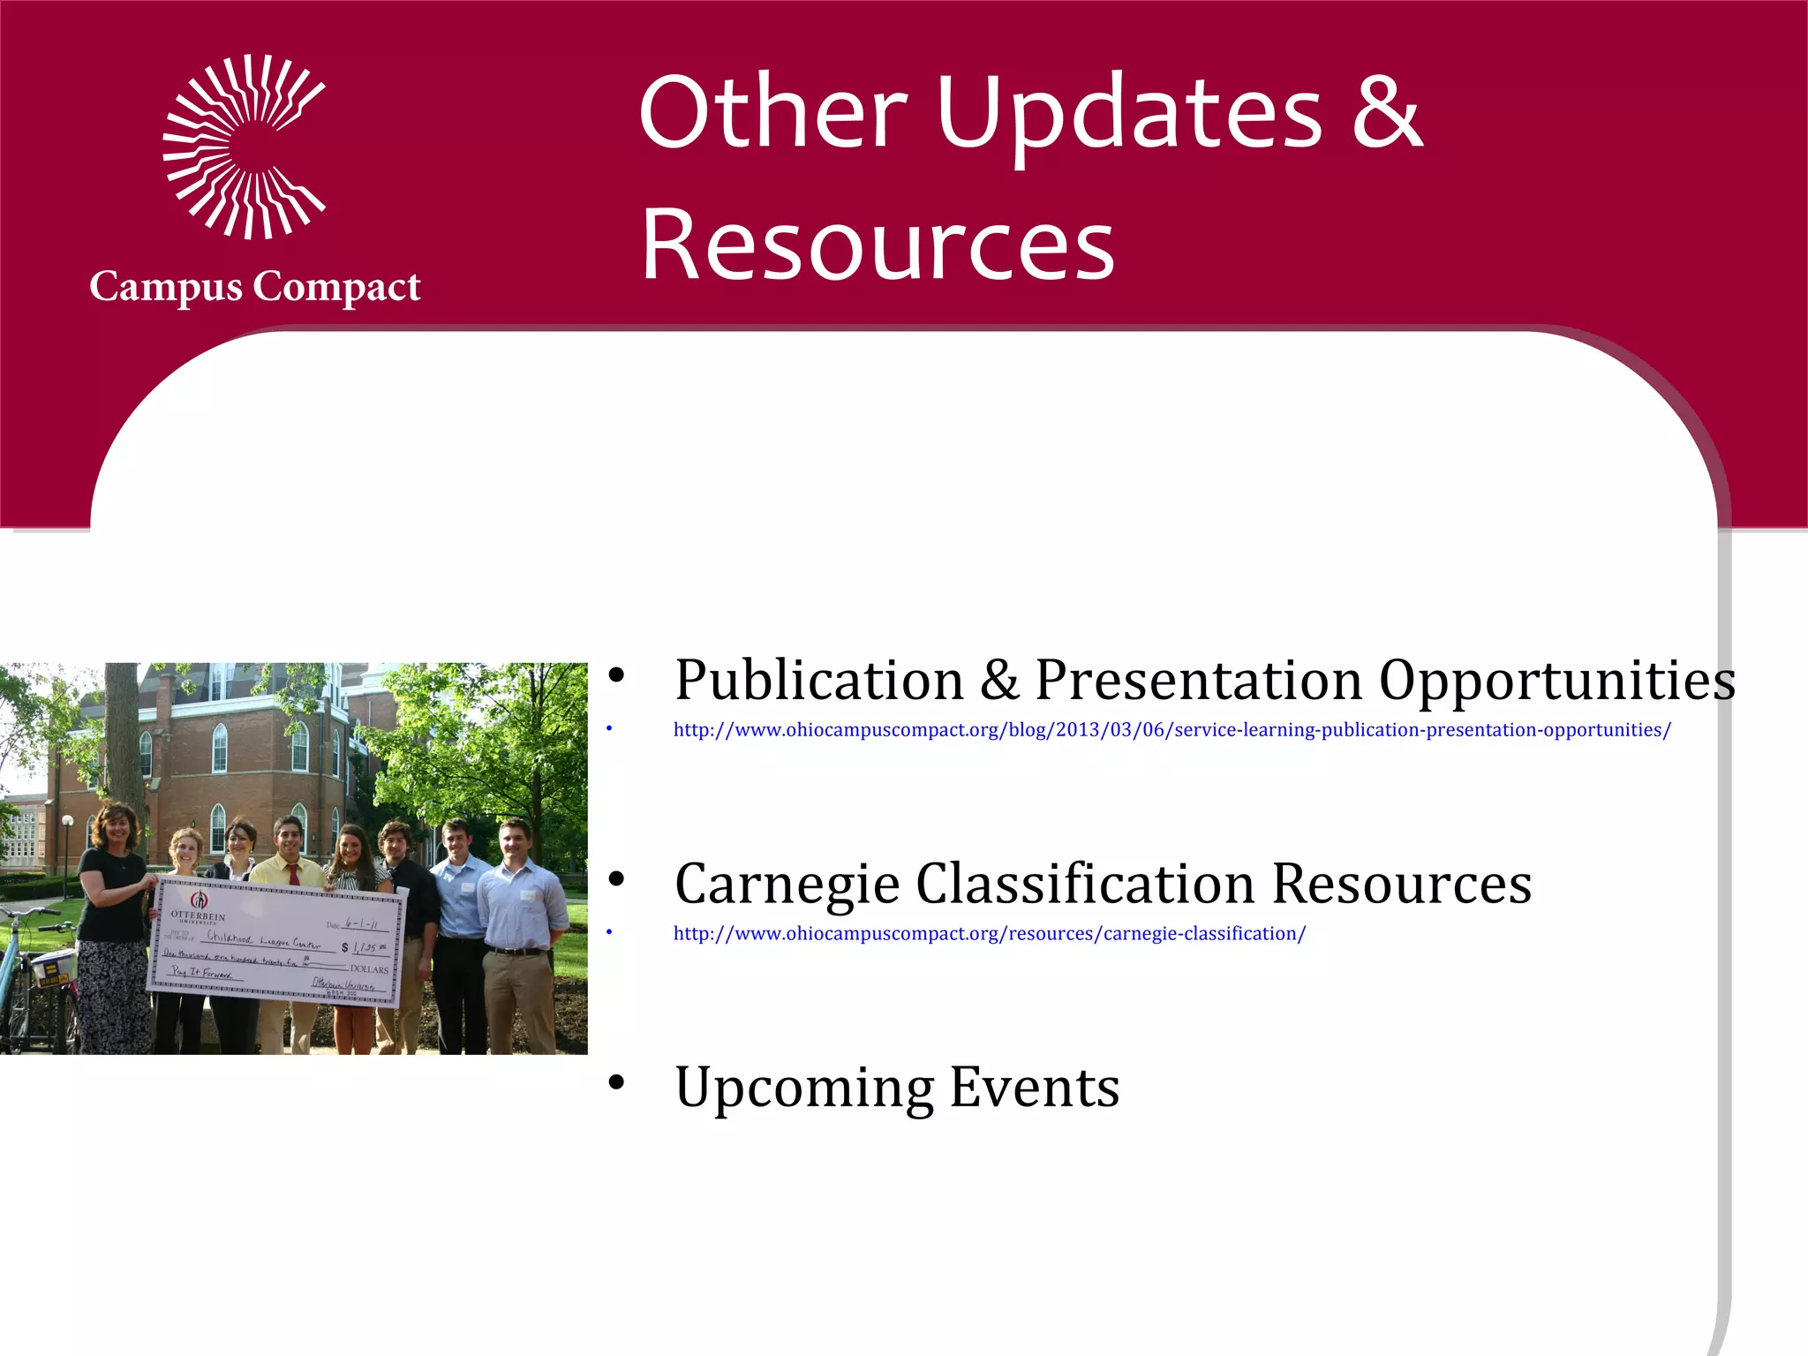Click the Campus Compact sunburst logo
(244, 147)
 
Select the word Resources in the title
(878, 245)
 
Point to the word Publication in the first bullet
(819, 682)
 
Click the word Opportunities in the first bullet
(1557, 682)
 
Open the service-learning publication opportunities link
(1171, 730)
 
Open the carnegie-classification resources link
(989, 934)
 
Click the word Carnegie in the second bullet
(786, 885)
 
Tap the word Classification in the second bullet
(1085, 885)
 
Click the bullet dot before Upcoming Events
(616, 1082)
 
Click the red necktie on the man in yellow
(293, 874)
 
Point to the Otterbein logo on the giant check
(200, 900)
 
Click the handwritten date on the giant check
(361, 923)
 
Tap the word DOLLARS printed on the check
(368, 969)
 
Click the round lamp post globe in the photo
(67, 821)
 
